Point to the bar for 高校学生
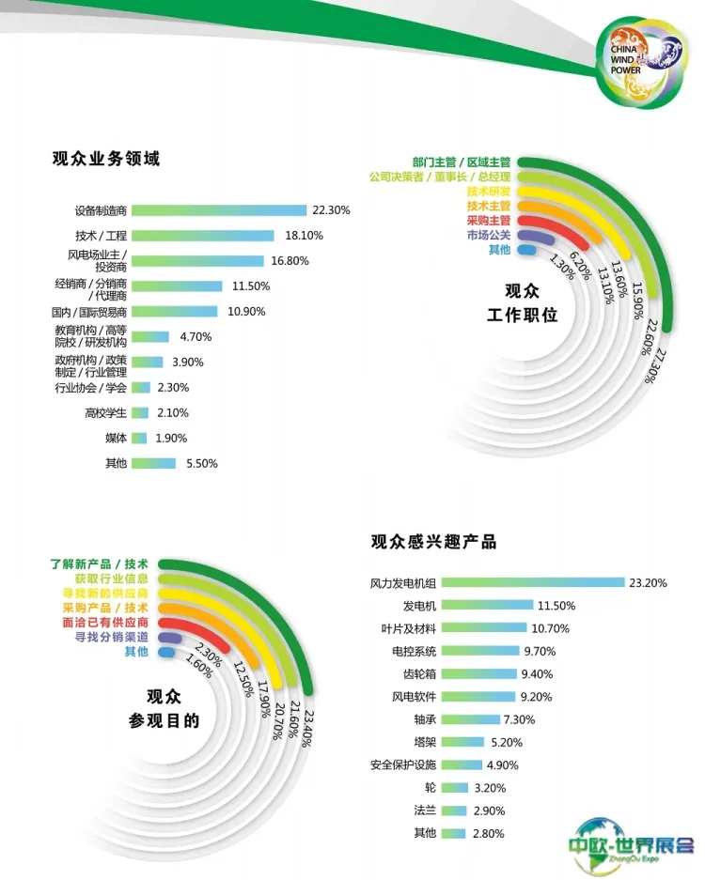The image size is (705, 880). (x=141, y=412)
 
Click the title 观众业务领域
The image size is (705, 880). (x=106, y=159)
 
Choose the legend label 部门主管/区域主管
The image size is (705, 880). (x=461, y=162)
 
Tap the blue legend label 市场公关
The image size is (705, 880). (x=488, y=235)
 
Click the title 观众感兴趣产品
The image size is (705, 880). (x=433, y=542)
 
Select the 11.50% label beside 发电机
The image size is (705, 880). (x=556, y=606)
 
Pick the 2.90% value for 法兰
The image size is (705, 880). (x=489, y=810)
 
